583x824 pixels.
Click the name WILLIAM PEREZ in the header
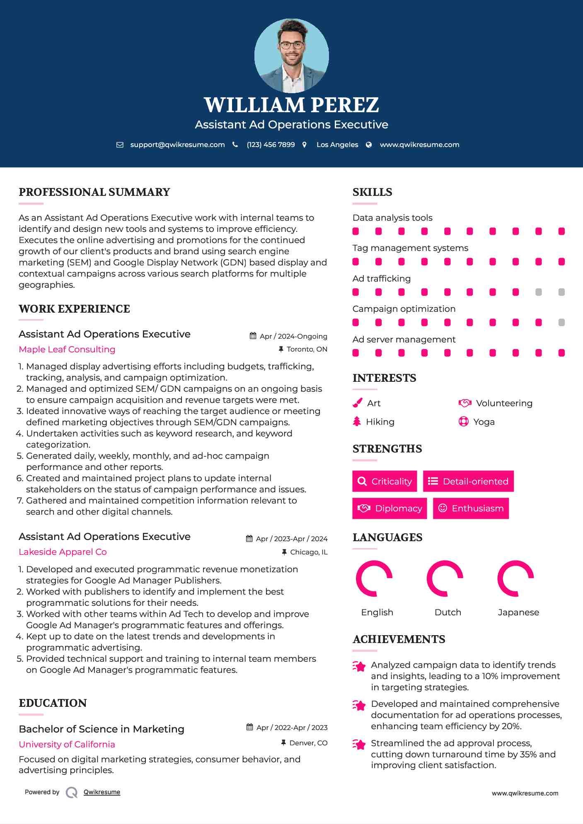coord(291,105)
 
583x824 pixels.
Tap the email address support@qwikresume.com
coord(177,145)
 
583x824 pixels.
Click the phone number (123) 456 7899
coord(271,145)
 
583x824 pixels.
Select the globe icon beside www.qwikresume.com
coord(369,145)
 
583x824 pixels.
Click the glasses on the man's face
coord(292,45)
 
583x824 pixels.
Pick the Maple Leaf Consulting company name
coord(67,349)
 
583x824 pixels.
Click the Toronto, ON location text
coord(307,349)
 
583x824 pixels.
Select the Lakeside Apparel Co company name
coord(63,552)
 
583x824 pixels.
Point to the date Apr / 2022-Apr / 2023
coord(292,728)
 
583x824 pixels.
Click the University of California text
coord(67,744)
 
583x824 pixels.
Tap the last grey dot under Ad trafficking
coord(561,292)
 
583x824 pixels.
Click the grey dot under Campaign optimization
coord(561,322)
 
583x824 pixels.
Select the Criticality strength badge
coord(385,481)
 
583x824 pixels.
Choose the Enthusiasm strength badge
coord(471,508)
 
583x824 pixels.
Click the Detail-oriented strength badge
coord(468,481)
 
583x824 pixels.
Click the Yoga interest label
coord(484,422)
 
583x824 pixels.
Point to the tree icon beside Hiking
coord(357,422)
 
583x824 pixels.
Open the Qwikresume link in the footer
coord(102,792)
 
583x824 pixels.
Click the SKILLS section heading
coord(372,192)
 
